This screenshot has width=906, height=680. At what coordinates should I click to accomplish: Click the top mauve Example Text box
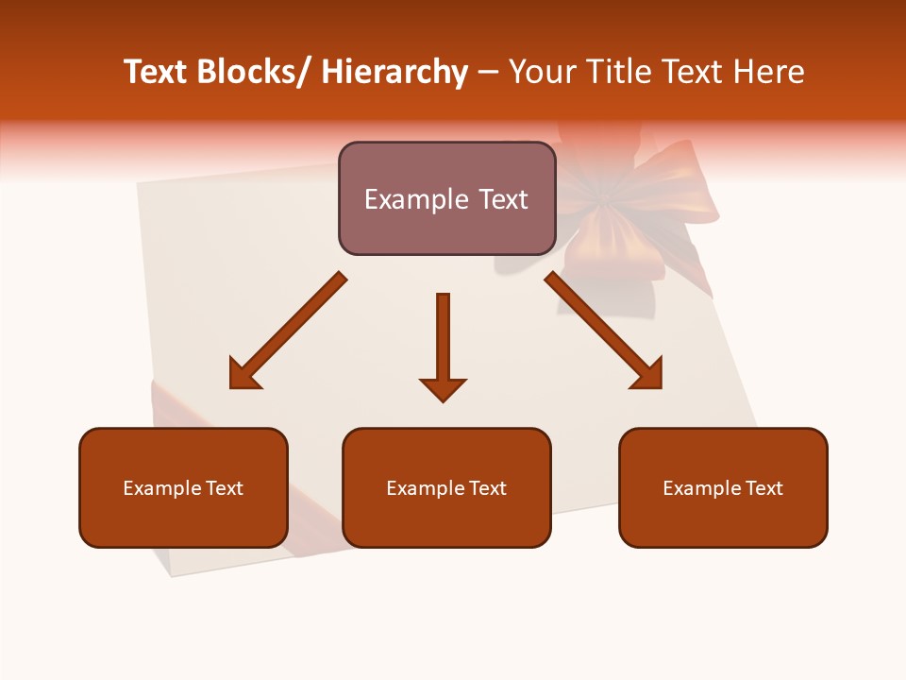(x=446, y=198)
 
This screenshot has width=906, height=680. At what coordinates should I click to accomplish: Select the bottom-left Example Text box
(x=183, y=487)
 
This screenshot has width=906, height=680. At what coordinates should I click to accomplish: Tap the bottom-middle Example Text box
(x=446, y=487)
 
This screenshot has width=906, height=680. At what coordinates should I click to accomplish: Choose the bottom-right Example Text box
(x=723, y=487)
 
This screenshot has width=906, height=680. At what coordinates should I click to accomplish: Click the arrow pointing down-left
(x=286, y=331)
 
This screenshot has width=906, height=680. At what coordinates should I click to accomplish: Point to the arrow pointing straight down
(x=443, y=345)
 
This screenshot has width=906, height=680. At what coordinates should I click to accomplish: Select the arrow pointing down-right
(x=605, y=331)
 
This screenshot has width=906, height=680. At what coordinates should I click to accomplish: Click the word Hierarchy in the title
(x=394, y=72)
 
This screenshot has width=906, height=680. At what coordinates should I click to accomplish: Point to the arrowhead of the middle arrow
(x=443, y=388)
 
